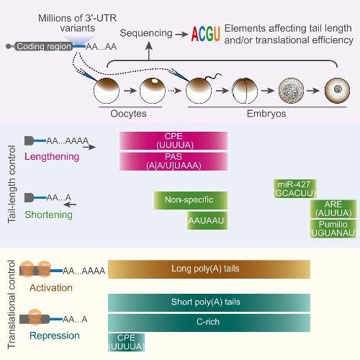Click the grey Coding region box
point(43,46)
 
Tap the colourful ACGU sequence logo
point(205,34)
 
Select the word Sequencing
point(146,33)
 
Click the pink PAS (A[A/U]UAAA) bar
point(174,161)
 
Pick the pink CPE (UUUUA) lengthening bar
point(174,141)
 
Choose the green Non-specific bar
point(191,200)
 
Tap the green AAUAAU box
point(207,220)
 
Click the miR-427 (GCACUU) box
point(295,189)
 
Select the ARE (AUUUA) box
point(333,209)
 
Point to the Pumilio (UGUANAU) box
point(333,229)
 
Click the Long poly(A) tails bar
point(209,269)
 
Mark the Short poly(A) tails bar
point(209,302)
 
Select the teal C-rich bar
point(209,323)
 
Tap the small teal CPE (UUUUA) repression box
point(126,343)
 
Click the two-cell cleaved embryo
point(245,91)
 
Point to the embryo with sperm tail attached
point(199,91)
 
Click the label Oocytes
point(128,114)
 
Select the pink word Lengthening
point(52,157)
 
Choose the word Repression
point(55,336)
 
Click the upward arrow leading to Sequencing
point(149,51)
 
